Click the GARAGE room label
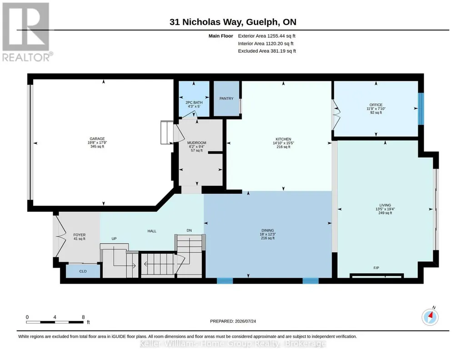(97, 139)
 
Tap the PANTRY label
(226, 99)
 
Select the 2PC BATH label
(194, 102)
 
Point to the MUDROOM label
(197, 143)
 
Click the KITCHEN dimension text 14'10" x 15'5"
(284, 143)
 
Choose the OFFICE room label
(376, 105)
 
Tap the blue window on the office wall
(421, 109)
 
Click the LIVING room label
(385, 205)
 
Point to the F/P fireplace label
(376, 268)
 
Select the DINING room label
(268, 230)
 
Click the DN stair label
(189, 230)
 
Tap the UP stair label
(114, 239)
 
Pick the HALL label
(152, 231)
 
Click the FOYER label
(80, 235)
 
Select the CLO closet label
(83, 271)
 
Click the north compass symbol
(430, 317)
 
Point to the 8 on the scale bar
(83, 317)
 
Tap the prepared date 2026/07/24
(246, 321)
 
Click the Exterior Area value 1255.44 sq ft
(281, 36)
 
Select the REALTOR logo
(26, 32)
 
